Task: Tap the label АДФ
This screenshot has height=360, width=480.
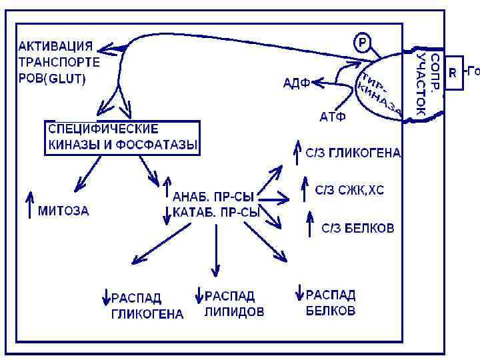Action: tap(295, 83)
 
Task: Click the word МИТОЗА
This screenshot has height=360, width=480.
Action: tap(63, 211)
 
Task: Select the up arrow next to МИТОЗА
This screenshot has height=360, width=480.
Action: tap(29, 205)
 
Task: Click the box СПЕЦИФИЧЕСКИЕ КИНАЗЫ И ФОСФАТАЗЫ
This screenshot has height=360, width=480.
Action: tap(123, 137)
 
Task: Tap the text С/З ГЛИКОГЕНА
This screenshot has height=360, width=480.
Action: tap(353, 153)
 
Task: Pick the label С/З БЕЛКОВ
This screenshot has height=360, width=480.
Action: tap(358, 228)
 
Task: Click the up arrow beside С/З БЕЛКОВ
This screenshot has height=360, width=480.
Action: tap(309, 223)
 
